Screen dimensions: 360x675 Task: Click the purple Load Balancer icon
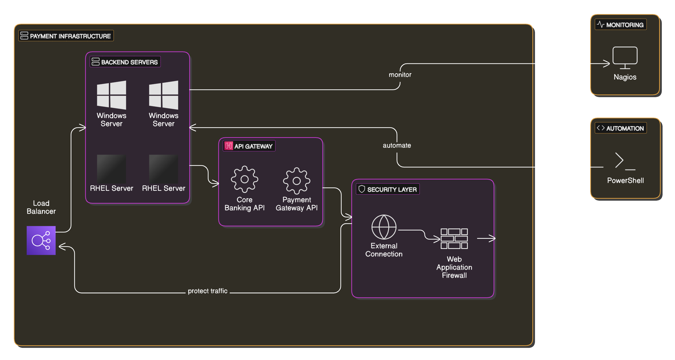click(41, 240)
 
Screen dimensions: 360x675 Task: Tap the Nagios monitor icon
click(625, 58)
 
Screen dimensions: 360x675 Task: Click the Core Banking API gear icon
click(244, 179)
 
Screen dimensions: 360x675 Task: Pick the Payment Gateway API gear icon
click(297, 181)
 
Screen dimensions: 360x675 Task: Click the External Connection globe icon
click(384, 227)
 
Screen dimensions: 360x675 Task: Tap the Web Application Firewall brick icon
click(454, 239)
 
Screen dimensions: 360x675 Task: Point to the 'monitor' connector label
click(400, 75)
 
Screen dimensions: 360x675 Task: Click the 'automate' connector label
click(397, 145)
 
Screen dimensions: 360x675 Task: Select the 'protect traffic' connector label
click(207, 291)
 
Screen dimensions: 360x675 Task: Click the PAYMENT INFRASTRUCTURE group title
click(70, 36)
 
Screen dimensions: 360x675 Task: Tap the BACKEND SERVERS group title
click(129, 62)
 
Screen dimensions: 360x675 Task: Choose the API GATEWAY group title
click(253, 146)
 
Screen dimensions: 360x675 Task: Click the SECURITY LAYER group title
click(392, 190)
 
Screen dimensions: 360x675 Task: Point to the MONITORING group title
click(625, 25)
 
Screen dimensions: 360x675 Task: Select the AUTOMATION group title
click(625, 129)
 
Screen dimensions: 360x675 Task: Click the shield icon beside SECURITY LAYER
click(362, 189)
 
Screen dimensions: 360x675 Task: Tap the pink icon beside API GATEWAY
click(229, 146)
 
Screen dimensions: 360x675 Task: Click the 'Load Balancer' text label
click(41, 207)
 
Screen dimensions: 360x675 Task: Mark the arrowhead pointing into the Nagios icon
click(607, 64)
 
